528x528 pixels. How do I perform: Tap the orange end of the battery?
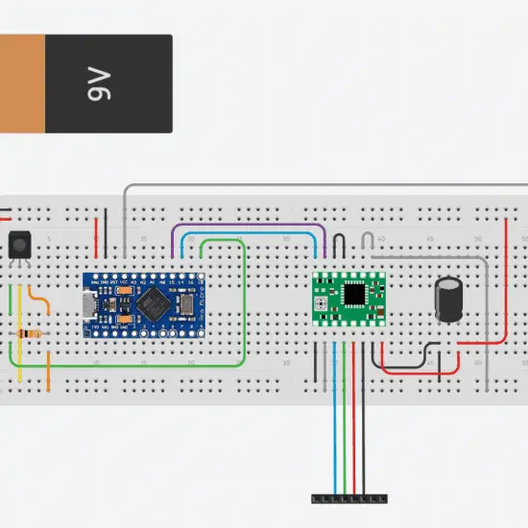(x=21, y=84)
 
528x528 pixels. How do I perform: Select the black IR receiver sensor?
(x=18, y=246)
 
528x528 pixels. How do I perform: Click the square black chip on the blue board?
(x=152, y=304)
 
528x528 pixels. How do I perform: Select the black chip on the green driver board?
(x=355, y=292)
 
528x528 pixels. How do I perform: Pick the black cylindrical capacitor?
(x=447, y=300)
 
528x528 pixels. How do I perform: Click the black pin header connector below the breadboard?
(x=349, y=498)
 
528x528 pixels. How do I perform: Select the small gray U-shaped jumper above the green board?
(x=370, y=239)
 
